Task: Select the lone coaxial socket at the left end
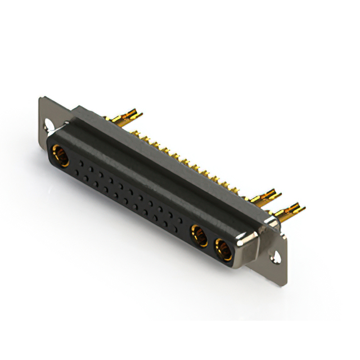60,155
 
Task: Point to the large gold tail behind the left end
125,118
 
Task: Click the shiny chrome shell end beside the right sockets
247,243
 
